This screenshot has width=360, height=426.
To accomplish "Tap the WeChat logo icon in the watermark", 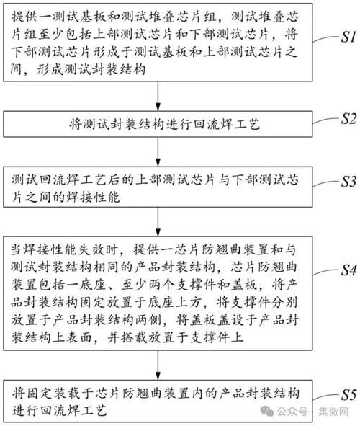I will point(269,411).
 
